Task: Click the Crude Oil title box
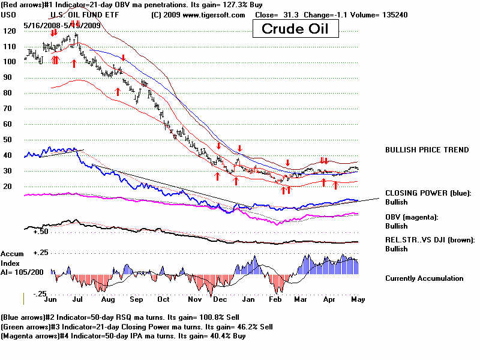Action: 294,28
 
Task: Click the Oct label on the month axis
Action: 163,298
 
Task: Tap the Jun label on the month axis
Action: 52,298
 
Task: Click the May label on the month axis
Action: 357,298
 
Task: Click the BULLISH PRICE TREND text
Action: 427,149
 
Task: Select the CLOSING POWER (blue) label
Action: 428,193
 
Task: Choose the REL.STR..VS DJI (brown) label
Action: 430,240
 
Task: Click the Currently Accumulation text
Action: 424,278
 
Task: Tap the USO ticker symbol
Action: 8,15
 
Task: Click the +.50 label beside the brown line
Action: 41,231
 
